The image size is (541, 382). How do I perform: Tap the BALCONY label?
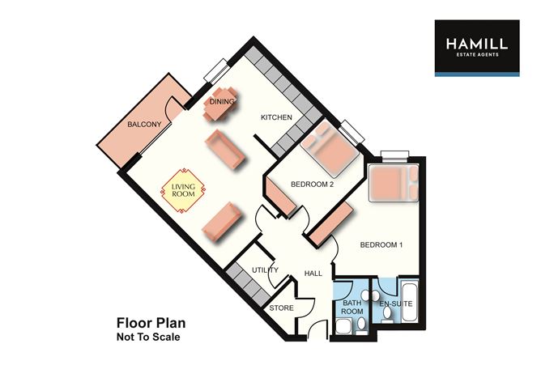pos(145,124)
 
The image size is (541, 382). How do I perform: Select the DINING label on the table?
pos(222,102)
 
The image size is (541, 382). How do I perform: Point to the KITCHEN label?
pos(275,117)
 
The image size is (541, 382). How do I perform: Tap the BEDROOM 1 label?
pos(381,244)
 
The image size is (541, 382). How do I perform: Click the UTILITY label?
pos(265,270)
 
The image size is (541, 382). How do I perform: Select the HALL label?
pos(313,274)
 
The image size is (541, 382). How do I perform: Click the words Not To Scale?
pos(147,336)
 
